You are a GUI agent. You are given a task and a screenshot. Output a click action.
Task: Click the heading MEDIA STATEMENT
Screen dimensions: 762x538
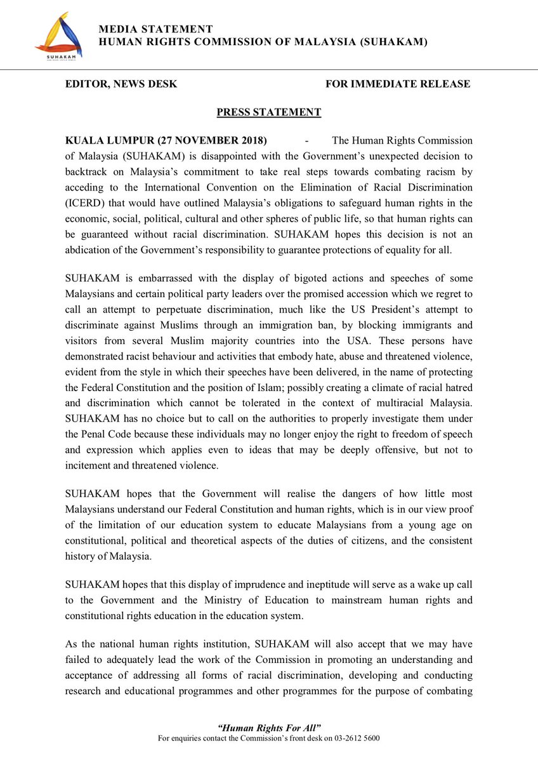click(155, 29)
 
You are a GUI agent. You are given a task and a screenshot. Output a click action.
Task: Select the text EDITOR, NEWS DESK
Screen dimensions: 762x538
click(121, 84)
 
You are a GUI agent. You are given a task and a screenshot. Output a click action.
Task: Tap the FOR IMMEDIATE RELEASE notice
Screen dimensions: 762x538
click(397, 84)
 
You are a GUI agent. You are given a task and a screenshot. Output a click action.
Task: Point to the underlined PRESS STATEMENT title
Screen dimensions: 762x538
click(268, 112)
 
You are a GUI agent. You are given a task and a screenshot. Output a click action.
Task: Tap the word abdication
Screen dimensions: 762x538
click(90, 250)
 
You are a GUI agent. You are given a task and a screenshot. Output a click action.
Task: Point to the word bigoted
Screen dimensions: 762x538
click(296, 279)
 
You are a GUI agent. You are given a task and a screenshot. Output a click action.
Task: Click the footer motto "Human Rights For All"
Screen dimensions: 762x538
click(268, 726)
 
